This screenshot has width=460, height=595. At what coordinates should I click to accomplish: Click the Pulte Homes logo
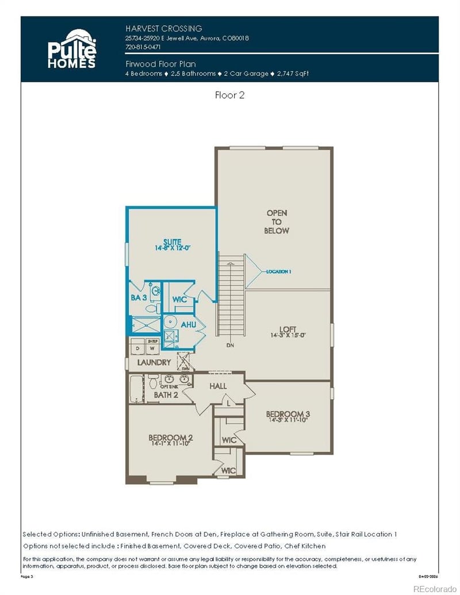(71, 49)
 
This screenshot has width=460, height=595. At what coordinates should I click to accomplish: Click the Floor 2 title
(229, 95)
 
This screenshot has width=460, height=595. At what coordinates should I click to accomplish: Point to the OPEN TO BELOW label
(277, 222)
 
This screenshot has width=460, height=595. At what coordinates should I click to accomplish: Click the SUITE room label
(172, 242)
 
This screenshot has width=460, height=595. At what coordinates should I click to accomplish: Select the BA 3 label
(138, 298)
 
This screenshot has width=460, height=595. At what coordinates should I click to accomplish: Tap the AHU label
(189, 325)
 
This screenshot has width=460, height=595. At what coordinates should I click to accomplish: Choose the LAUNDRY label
(154, 363)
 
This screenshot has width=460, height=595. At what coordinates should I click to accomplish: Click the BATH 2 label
(166, 395)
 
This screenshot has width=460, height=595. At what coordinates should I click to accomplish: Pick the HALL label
(218, 386)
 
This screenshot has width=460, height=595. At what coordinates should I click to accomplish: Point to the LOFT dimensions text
(287, 335)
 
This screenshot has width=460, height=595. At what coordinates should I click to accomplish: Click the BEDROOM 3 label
(287, 414)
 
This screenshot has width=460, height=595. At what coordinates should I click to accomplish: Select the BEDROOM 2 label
(170, 437)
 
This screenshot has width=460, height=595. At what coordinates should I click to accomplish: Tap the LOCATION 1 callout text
(279, 271)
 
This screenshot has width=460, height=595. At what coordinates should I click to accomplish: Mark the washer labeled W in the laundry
(152, 348)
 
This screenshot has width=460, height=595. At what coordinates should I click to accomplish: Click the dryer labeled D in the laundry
(138, 348)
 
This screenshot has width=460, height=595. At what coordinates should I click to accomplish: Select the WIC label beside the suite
(179, 300)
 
